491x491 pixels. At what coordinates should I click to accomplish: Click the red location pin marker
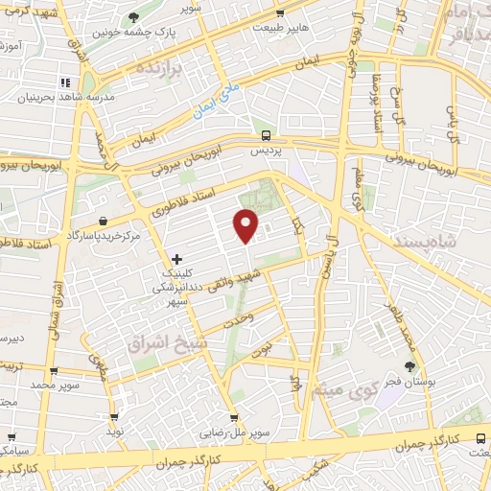[x=246, y=223]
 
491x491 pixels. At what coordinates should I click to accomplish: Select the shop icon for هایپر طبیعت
[x=279, y=14]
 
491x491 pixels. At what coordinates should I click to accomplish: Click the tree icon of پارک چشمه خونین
[x=133, y=18]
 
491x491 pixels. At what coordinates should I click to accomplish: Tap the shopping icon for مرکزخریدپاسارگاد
[x=103, y=222]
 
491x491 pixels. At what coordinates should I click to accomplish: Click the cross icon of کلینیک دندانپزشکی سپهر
[x=176, y=259]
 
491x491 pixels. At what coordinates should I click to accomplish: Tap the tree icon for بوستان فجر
[x=410, y=366]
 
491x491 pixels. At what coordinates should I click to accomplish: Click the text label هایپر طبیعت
[x=279, y=30]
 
